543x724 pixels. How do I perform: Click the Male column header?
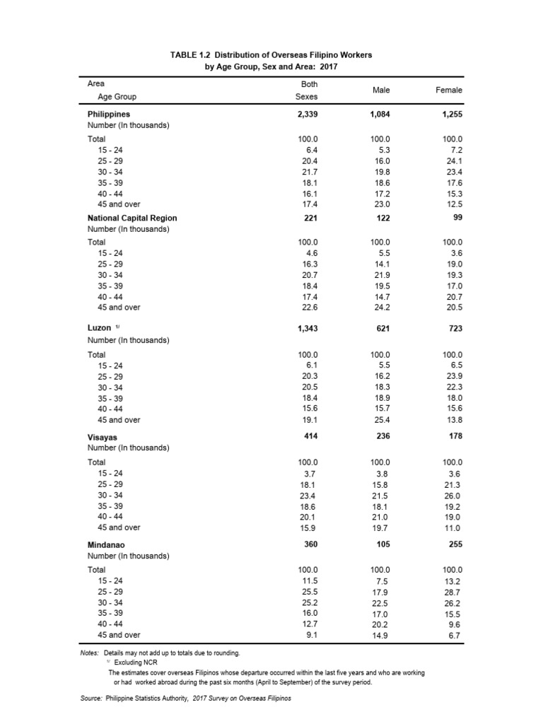[x=381, y=90]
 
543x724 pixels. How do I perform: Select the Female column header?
[x=450, y=90]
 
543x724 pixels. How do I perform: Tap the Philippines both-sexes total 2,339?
[x=306, y=113]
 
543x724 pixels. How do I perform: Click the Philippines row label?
[x=109, y=113]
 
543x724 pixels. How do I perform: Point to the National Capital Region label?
[x=132, y=218]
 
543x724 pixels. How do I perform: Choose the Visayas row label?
[x=102, y=437]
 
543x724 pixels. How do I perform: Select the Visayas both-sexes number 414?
[x=310, y=436]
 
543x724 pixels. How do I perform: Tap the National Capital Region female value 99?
[x=457, y=218]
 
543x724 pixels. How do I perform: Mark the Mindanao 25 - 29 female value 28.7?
[x=452, y=592]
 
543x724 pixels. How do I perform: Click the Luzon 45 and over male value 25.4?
[x=383, y=420]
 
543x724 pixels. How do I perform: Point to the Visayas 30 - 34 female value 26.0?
[x=452, y=495]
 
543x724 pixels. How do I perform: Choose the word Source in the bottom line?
[x=91, y=698]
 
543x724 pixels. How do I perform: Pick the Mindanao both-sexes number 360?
[x=310, y=544]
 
